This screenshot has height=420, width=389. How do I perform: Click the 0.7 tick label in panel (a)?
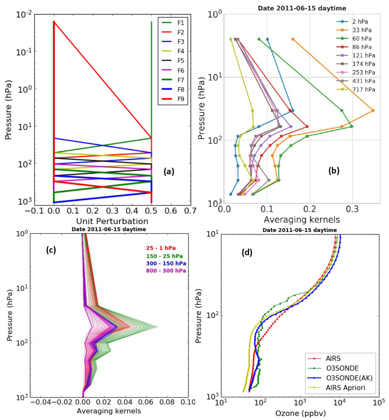(x=190, y=211)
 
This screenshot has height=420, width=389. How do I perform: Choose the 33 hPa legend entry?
(x=358, y=30)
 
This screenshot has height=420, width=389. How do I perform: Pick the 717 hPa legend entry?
(x=360, y=89)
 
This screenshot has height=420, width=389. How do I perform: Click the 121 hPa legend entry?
(x=360, y=55)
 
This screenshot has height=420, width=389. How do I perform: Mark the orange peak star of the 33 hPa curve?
(x=373, y=110)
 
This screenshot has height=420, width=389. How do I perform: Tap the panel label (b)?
(x=333, y=170)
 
